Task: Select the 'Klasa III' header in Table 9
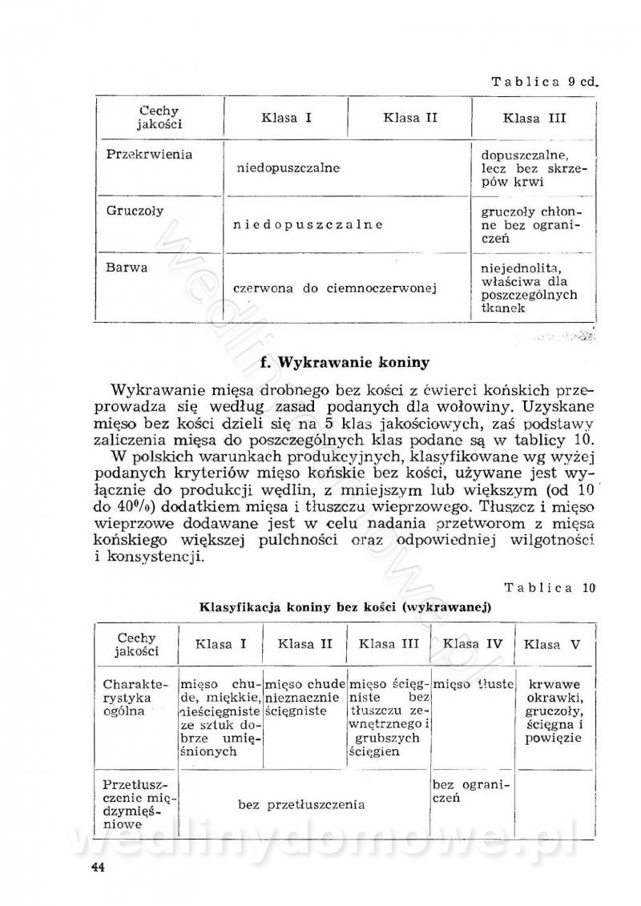pos(534,119)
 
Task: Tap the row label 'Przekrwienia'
pos(149,155)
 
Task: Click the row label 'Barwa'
pos(127,268)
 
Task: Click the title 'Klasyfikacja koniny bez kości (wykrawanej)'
pos(345,607)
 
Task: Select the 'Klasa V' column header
pos(552,644)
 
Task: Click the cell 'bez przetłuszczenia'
pos(302,804)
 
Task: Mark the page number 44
pos(99,867)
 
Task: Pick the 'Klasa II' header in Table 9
pos(410,119)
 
